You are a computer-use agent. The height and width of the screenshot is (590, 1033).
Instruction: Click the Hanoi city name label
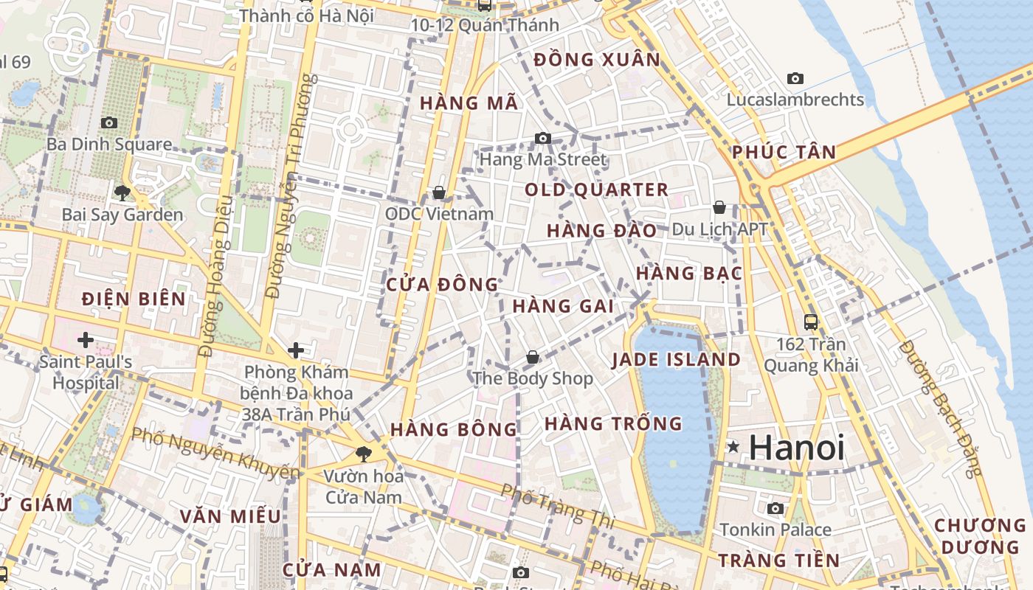(797, 448)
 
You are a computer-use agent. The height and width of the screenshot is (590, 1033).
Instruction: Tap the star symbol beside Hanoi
(733, 447)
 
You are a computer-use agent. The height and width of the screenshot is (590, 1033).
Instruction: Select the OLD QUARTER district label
(596, 190)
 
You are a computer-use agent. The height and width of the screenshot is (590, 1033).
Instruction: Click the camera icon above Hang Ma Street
(543, 138)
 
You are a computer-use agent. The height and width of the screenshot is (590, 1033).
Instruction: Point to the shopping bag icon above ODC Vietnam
(439, 192)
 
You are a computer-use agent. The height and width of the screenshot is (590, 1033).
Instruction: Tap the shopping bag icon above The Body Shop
(532, 358)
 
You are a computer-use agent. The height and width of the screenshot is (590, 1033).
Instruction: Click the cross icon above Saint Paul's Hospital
(86, 340)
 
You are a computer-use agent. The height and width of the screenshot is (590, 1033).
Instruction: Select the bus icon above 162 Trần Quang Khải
(810, 322)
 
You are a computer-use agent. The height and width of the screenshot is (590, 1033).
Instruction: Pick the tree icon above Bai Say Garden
(122, 193)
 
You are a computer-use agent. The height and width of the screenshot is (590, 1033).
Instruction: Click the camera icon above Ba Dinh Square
(109, 122)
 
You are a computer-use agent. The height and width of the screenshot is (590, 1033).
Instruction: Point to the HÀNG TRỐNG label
(613, 423)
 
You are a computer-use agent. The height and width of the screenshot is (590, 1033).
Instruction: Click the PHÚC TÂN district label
(784, 153)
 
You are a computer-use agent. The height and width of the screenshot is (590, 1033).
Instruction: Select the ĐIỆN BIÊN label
(134, 299)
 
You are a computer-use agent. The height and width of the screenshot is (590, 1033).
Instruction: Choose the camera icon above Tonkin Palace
(775, 508)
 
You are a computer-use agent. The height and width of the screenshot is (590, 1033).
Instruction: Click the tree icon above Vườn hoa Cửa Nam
(363, 454)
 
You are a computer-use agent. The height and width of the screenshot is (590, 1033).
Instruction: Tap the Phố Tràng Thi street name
(557, 505)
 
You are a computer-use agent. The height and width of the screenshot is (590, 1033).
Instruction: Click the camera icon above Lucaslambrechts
(795, 78)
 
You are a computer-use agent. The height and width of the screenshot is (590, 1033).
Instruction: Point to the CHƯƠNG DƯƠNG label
(980, 536)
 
